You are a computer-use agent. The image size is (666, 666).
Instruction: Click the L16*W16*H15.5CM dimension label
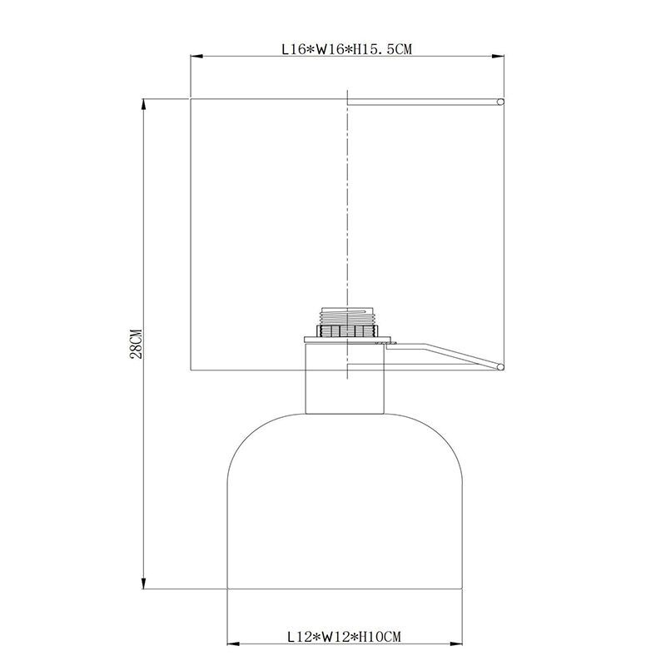click(x=346, y=49)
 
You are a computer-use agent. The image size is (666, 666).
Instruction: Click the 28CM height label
click(x=136, y=343)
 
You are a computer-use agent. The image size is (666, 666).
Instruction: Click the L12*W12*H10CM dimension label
click(x=344, y=637)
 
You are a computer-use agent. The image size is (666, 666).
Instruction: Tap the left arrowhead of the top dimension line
click(x=196, y=56)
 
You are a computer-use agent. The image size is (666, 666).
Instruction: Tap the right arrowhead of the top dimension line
click(x=498, y=56)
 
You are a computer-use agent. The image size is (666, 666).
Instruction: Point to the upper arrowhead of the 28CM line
click(x=144, y=105)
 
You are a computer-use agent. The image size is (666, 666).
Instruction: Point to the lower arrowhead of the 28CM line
click(x=144, y=583)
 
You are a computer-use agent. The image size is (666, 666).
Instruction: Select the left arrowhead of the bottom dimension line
click(x=234, y=644)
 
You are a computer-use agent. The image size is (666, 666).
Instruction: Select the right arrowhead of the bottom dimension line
click(x=456, y=644)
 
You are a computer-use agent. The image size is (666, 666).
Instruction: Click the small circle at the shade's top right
click(x=501, y=102)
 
